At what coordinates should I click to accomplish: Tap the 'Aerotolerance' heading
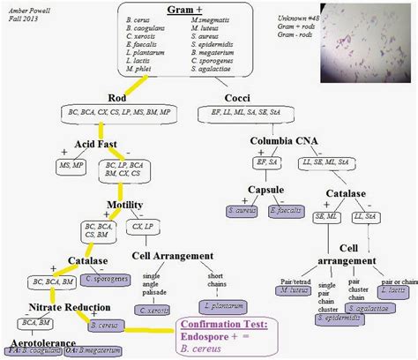pyautogui.click(x=42, y=338)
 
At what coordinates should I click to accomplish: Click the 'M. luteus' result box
pyautogui.click(x=291, y=289)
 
